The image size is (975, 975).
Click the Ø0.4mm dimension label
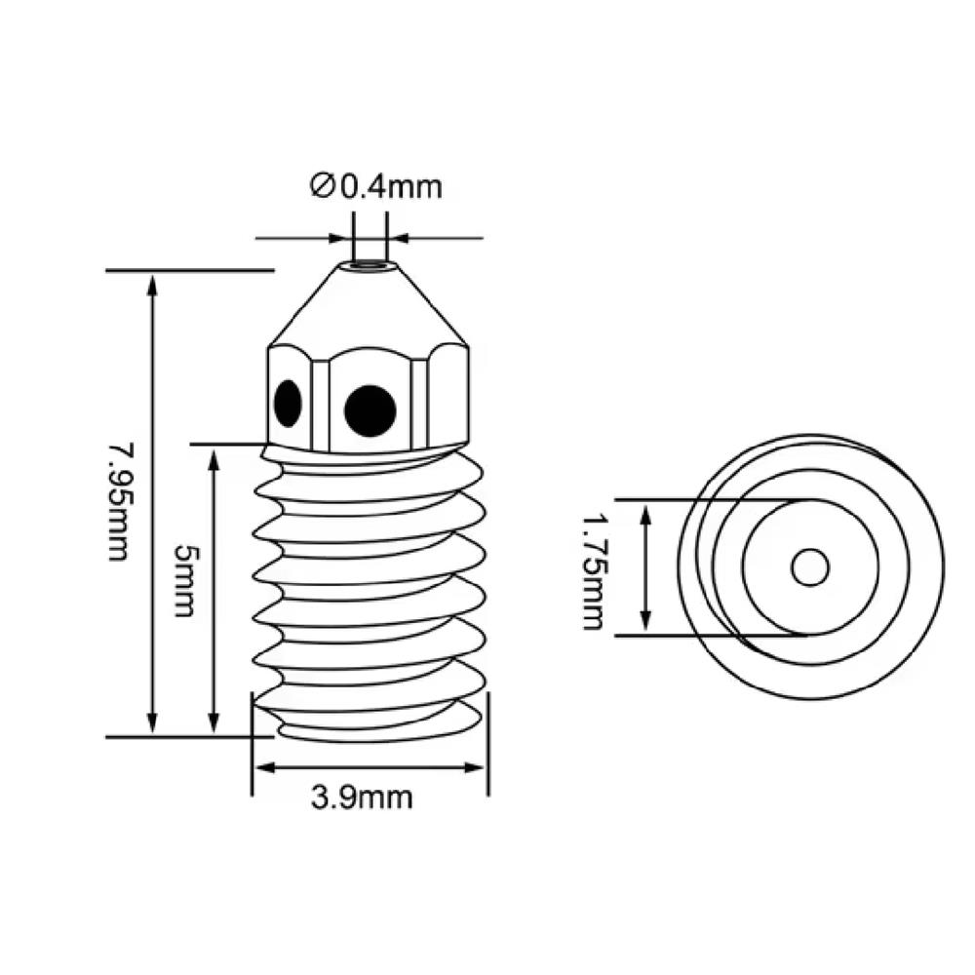coord(375,185)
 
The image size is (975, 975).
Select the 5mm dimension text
coord(183,581)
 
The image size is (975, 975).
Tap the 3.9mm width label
coord(362,798)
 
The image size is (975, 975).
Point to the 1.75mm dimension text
coord(592,573)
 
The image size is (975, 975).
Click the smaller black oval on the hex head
coord(288,403)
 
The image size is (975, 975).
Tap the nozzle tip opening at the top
coord(370,264)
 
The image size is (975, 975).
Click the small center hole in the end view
coord(809,567)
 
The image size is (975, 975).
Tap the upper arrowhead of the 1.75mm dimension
coord(645,512)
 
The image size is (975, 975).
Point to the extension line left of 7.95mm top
coord(185,269)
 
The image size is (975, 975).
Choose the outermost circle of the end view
coord(944,567)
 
